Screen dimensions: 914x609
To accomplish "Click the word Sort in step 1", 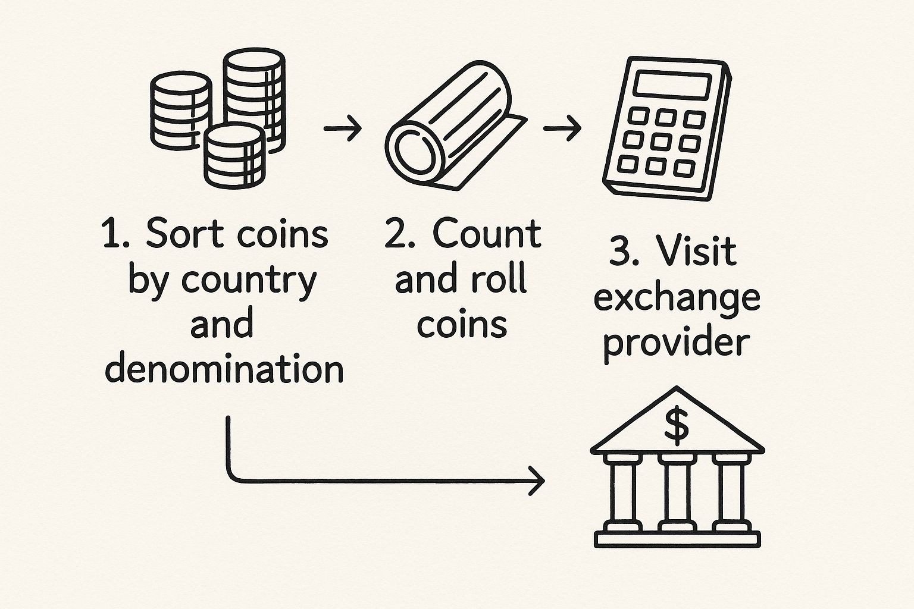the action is [181, 234].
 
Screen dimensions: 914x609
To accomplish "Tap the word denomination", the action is [224, 369].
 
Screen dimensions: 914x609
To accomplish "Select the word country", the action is [249, 282].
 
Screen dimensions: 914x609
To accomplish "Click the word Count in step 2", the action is [487, 234].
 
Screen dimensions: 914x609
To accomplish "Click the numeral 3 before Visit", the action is [621, 252].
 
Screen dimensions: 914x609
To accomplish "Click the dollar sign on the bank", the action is [677, 425].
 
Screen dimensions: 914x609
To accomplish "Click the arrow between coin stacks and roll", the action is [342, 128].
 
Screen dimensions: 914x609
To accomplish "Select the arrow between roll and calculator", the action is [562, 128].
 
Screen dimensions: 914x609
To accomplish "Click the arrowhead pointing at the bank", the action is [537, 481].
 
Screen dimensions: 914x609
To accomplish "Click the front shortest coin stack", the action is [234, 156].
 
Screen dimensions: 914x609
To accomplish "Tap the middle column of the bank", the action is [677, 494].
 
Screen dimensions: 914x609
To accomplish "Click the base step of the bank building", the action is [677, 539].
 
